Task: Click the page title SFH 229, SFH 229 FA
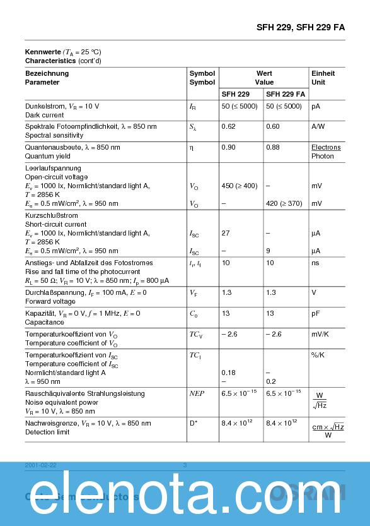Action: [300, 28]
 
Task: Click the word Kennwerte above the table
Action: [43, 52]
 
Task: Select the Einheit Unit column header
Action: [323, 78]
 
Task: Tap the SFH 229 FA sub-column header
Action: [286, 94]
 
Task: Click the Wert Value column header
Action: [264, 78]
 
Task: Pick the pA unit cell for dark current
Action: [316, 106]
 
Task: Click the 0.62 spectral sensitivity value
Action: [228, 126]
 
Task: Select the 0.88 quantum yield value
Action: [272, 147]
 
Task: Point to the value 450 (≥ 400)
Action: [240, 186]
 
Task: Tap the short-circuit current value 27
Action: [225, 233]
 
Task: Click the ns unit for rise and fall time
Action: [315, 262]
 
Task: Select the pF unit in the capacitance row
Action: [316, 313]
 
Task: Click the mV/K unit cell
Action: [321, 334]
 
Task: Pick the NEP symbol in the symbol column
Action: [197, 393]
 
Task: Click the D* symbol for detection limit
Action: [194, 423]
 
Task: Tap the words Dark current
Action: [44, 116]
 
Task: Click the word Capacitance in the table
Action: [44, 322]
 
